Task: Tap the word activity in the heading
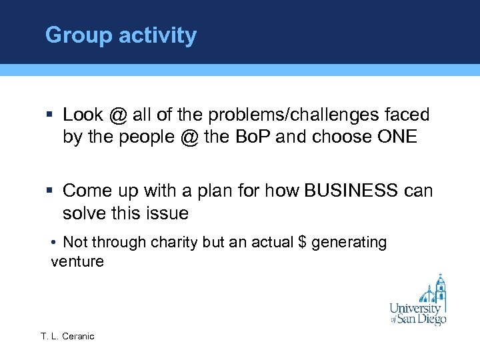158,35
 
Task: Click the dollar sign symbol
303,242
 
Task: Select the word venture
77,261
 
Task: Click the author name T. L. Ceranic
67,336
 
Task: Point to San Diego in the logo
423,319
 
